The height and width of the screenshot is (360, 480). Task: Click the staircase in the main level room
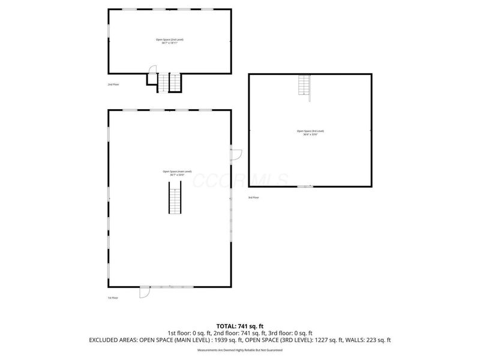pyautogui.click(x=173, y=200)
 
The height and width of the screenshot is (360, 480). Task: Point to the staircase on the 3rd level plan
pyautogui.click(x=304, y=86)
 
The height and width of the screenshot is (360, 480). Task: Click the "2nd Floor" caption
pyautogui.click(x=113, y=85)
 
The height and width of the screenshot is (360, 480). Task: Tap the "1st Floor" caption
pyautogui.click(x=113, y=298)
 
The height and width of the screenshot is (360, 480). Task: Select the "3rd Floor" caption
pyautogui.click(x=254, y=197)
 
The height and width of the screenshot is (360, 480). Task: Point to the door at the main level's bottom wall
pyautogui.click(x=145, y=292)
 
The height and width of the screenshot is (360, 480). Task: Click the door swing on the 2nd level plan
pyautogui.click(x=152, y=70)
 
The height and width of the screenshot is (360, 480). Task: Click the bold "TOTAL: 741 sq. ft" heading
pyautogui.click(x=239, y=326)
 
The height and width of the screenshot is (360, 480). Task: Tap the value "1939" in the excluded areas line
pyautogui.click(x=211, y=340)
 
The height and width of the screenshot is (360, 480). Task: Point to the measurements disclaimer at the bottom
pyautogui.click(x=239, y=349)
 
